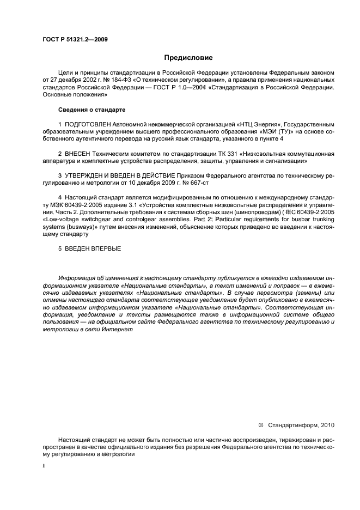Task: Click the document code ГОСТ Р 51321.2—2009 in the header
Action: pyautogui.click(x=75, y=39)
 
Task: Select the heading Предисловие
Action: pyautogui.click(x=188, y=57)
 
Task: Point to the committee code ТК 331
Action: pyautogui.click(x=227, y=154)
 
